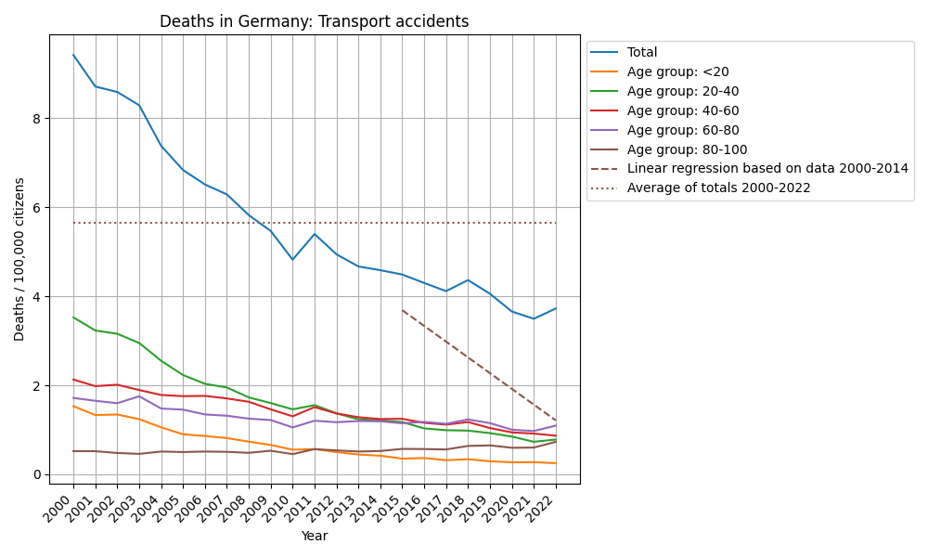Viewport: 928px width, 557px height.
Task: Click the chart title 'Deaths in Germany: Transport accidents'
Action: pos(315,21)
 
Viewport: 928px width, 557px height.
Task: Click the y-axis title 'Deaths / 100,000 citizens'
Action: pos(19,259)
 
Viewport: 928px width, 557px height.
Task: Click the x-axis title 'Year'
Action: pos(315,536)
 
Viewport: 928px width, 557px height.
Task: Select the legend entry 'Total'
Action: pos(642,53)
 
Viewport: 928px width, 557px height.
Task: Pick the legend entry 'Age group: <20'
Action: pos(664,72)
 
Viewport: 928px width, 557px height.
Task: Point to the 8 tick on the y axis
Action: pos(38,119)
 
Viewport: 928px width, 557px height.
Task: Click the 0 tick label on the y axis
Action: pos(38,474)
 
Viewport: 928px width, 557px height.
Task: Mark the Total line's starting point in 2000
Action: pos(73,55)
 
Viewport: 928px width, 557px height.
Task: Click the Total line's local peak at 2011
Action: pos(315,234)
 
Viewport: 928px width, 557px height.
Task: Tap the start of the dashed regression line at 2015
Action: pos(402,310)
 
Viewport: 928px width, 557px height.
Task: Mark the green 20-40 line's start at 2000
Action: pos(73,317)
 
